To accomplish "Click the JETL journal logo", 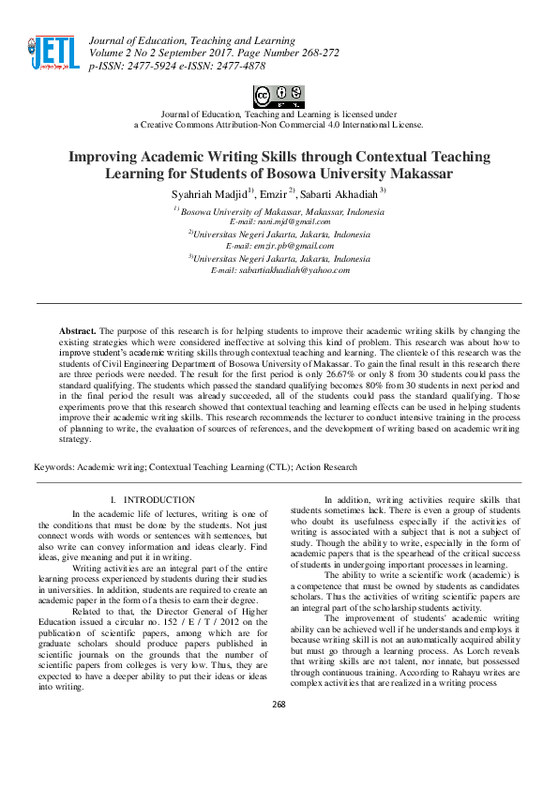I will [53, 52].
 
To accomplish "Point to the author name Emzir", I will [279, 193].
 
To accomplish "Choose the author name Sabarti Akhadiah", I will [345, 193].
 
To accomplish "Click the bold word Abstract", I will [77, 331].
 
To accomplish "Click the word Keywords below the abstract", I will [54, 466].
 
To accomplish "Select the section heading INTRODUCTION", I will [159, 500].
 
